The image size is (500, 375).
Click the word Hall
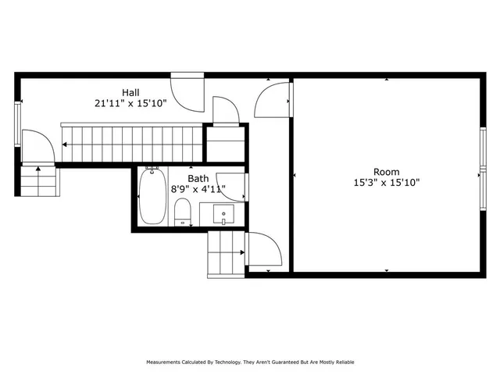[x=130, y=91]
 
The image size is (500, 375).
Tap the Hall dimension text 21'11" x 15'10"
[x=130, y=102]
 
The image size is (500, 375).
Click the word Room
[x=386, y=172]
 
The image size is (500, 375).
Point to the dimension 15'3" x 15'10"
[x=386, y=183]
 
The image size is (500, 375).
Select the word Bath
[x=198, y=177]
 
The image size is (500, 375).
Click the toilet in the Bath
[x=183, y=211]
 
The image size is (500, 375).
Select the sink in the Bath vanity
[x=224, y=212]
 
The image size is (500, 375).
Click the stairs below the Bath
[x=227, y=254]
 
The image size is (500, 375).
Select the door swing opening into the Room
[x=273, y=98]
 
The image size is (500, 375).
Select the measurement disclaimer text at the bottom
[x=250, y=362]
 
